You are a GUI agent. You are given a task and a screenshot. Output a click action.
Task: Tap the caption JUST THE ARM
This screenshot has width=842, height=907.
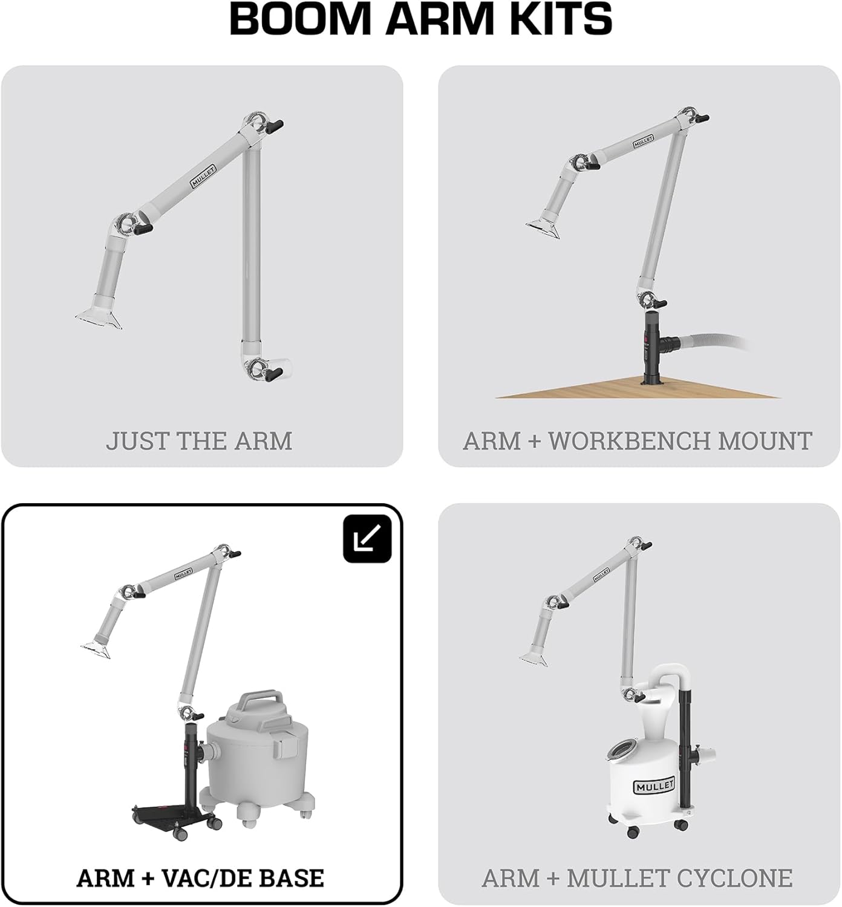click(199, 441)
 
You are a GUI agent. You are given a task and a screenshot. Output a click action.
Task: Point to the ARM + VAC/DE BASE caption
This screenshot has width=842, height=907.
click(200, 878)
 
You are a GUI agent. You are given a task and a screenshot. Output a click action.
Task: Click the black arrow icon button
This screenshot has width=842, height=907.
click(367, 538)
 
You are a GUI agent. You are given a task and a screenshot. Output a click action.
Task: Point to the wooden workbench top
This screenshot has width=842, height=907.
click(635, 389)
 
